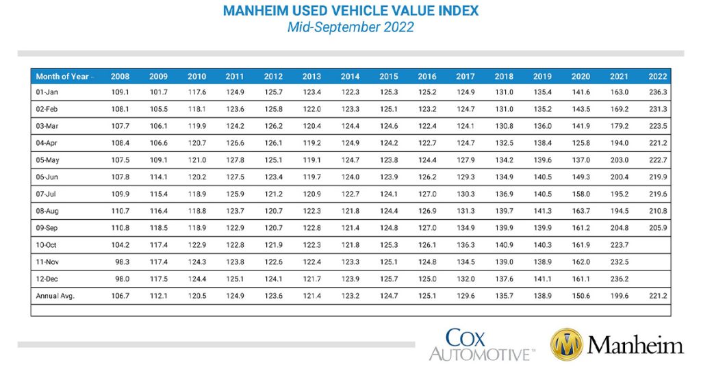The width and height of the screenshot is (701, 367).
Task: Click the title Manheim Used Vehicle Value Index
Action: coord(350,11)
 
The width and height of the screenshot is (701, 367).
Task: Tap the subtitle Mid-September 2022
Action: coord(350,27)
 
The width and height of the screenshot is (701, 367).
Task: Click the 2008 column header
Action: coord(120,76)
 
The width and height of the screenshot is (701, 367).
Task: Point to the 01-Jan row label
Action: coord(47,92)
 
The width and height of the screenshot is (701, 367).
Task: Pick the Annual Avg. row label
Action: coord(55,296)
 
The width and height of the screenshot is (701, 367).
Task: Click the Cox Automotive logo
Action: coord(479,344)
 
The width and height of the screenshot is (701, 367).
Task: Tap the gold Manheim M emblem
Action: coord(566,344)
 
